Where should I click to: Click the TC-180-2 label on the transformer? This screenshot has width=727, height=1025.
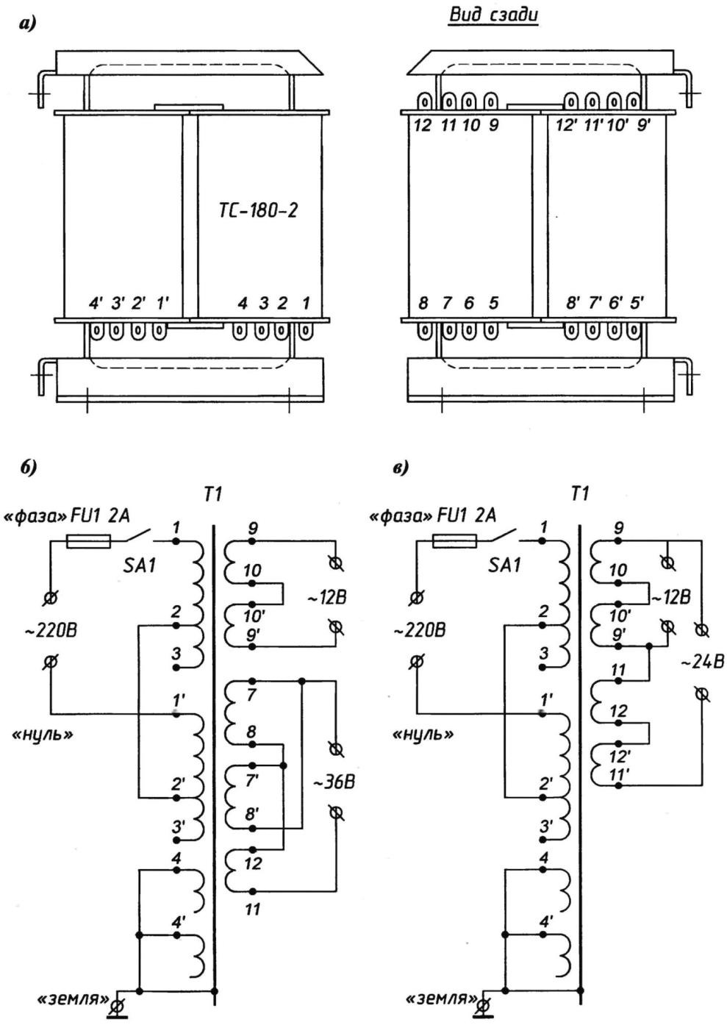(x=258, y=210)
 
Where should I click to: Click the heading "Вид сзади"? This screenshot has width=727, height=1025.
(x=493, y=15)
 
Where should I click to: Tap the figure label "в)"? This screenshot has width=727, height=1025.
(x=401, y=468)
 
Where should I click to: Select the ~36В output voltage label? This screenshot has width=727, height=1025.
(x=334, y=782)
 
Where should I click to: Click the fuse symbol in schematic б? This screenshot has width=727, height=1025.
(x=88, y=541)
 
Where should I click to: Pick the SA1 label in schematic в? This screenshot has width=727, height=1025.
(x=505, y=566)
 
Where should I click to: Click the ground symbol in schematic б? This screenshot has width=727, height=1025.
(x=117, y=1008)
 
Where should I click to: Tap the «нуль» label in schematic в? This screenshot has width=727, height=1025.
(x=423, y=735)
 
